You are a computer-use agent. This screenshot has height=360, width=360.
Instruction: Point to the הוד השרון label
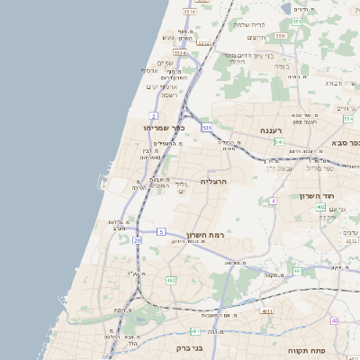pyautogui.click(x=317, y=195)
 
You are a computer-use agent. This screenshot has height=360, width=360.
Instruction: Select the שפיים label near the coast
pyautogui.click(x=165, y=63)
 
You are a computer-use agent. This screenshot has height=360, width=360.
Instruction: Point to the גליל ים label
pyautogui.click(x=180, y=186)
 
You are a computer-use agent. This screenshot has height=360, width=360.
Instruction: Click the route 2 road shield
pyautogui.click(x=154, y=116)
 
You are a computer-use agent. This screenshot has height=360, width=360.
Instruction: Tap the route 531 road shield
pyautogui.click(x=207, y=129)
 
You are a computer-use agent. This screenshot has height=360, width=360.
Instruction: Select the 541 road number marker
pyautogui.click(x=280, y=142)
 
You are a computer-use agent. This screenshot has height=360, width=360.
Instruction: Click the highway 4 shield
pyautogui.click(x=273, y=201)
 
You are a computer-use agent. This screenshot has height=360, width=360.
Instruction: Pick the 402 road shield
pyautogui.click(x=320, y=207)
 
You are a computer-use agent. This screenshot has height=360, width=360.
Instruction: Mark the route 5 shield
pyautogui.click(x=161, y=232)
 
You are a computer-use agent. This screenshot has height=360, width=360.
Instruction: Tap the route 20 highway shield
pyautogui.click(x=137, y=240)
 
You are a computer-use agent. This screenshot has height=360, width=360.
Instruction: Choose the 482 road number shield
pyautogui.click(x=171, y=281)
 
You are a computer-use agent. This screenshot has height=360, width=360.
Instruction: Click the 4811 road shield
pyautogui.click(x=266, y=310)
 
